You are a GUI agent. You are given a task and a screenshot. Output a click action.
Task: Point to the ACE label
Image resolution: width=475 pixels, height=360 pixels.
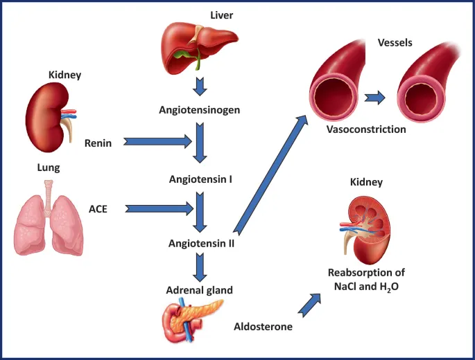pyautogui.click(x=98, y=208)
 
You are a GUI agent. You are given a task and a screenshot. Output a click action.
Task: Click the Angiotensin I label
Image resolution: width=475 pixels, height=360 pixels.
pyautogui.click(x=200, y=179)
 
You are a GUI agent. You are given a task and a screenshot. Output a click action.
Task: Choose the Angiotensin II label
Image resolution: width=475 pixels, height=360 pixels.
pyautogui.click(x=201, y=243)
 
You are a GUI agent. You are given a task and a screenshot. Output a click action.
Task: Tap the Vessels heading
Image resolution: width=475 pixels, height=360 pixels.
pyautogui.click(x=395, y=43)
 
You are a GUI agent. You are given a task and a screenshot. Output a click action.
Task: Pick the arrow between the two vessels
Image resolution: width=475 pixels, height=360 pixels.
pyautogui.click(x=375, y=96)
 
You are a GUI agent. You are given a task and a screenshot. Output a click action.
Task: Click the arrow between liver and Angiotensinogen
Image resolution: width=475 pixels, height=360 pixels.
pyautogui.click(x=200, y=87)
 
